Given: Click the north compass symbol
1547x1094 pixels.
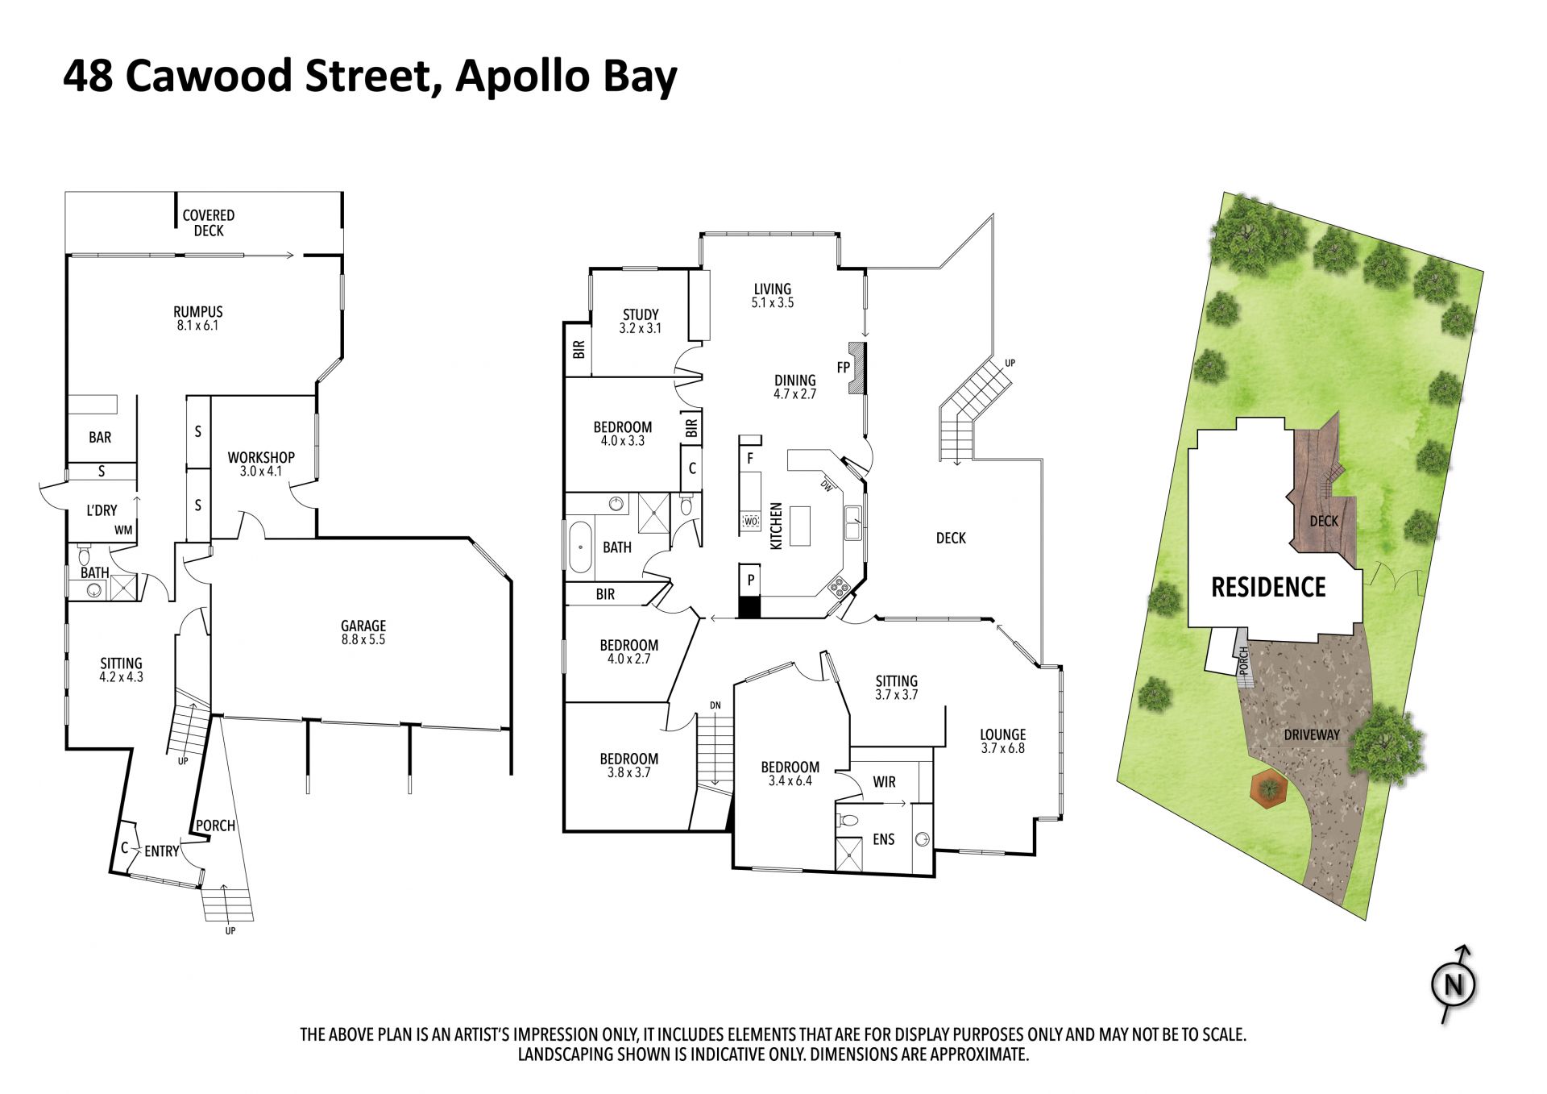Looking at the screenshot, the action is (x=1454, y=984).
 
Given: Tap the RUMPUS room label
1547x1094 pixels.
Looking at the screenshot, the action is (x=198, y=312).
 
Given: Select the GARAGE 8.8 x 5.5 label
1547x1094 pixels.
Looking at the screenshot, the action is (x=363, y=632).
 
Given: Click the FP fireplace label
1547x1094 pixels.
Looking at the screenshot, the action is (x=844, y=368).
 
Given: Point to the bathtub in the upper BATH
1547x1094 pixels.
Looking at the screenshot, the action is (x=580, y=547).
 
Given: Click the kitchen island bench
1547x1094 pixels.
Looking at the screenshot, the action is (x=800, y=526).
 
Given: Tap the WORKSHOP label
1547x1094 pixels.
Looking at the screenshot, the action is (x=261, y=457).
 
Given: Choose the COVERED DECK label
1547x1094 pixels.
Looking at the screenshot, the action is (x=209, y=223).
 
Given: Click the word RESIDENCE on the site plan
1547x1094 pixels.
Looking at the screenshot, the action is (x=1268, y=587).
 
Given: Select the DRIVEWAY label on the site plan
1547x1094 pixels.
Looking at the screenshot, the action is (x=1312, y=734).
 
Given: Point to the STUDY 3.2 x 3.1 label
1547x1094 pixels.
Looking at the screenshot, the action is (x=641, y=321).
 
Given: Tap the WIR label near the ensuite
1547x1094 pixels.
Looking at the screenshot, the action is (x=884, y=782).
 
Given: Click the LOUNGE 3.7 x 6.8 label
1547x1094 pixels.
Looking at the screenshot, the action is (x=1003, y=741).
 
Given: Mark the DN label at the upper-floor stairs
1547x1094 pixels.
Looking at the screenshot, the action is (x=715, y=705).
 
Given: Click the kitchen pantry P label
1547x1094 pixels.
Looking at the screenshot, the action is (x=751, y=580).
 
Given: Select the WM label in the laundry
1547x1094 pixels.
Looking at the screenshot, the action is (x=123, y=530).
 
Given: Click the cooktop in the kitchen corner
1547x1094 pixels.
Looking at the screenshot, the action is (x=839, y=587).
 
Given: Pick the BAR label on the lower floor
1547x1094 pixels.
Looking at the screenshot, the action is (x=100, y=437).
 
